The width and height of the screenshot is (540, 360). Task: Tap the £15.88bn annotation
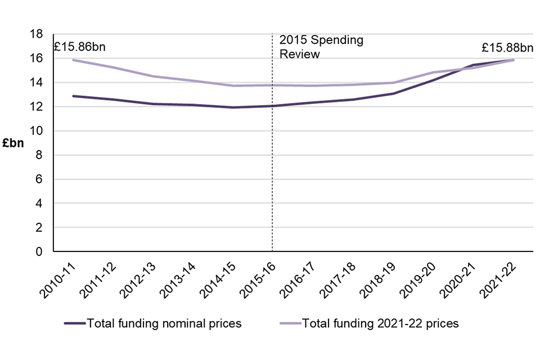505,47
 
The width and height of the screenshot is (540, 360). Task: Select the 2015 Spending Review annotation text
321,47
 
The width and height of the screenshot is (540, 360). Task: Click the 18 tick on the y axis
37,34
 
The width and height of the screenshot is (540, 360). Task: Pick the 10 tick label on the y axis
37,131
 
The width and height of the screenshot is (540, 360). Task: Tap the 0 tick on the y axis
40,252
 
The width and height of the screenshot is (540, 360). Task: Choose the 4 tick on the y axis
40,204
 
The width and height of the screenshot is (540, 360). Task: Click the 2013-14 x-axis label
178,277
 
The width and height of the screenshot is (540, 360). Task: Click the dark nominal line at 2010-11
73,96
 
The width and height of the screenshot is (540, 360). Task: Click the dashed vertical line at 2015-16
272,169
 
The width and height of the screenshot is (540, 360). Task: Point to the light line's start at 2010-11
73,60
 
